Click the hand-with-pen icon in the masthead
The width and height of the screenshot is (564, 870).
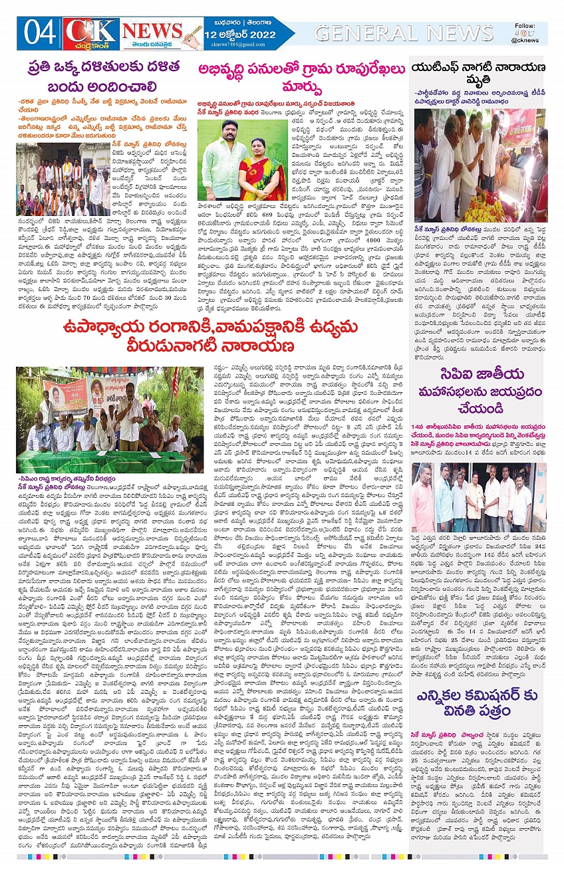(192, 34)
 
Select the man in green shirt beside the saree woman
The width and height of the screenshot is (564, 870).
(231, 166)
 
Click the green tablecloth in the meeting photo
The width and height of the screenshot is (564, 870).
(100, 461)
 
